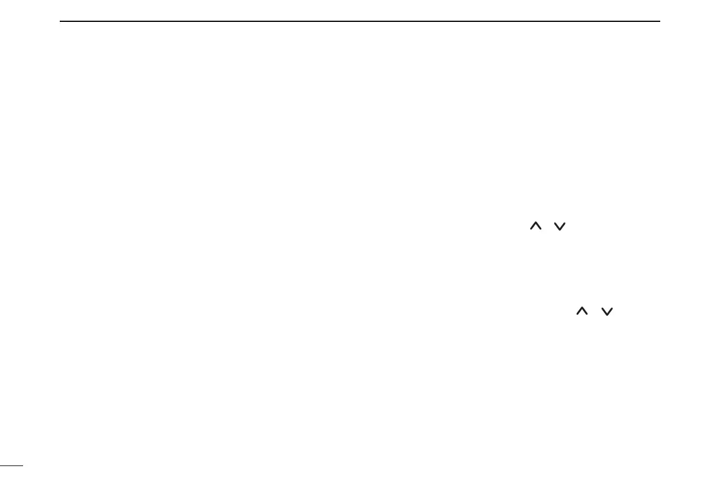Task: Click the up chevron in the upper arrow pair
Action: click(537, 225)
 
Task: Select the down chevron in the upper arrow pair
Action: click(560, 225)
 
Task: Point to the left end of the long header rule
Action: click(60, 22)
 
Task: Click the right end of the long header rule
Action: click(659, 22)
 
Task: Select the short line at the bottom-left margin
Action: click(11, 465)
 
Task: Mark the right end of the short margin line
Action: click(22, 465)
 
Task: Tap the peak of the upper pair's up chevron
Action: click(537, 222)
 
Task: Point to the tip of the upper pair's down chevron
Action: click(560, 229)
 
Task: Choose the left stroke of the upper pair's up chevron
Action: click(534, 226)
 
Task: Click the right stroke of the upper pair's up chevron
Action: click(540, 226)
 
